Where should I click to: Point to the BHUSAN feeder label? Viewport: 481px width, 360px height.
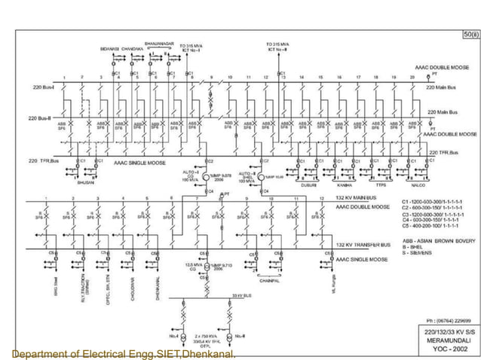click(86, 184)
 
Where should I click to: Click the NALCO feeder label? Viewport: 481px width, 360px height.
click(418, 184)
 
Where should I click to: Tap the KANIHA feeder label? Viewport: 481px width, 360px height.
click(345, 184)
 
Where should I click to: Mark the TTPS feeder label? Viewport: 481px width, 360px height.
click(382, 184)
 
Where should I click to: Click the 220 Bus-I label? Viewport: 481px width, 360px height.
click(42, 87)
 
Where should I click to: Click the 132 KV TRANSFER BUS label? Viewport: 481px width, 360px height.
click(363, 245)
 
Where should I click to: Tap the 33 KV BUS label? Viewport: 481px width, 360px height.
click(241, 296)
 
